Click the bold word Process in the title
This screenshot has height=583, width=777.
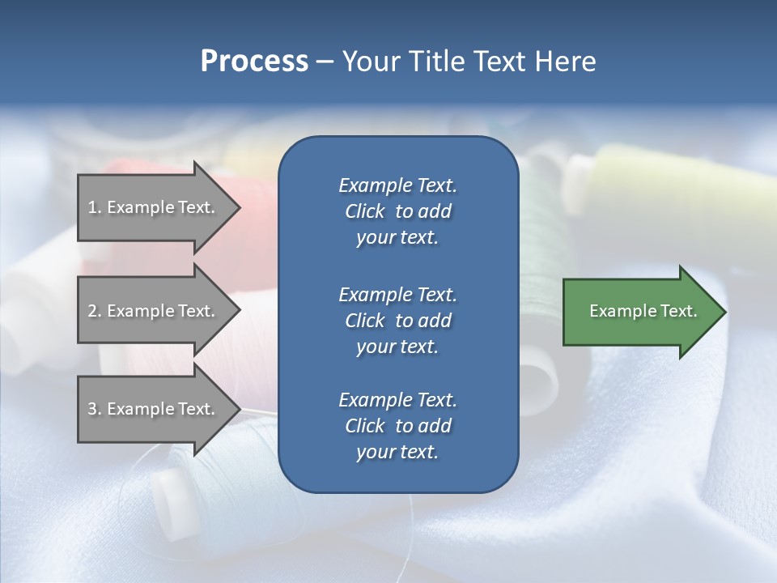click(254, 62)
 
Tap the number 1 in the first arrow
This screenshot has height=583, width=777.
click(92, 207)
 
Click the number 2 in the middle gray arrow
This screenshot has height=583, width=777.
click(92, 311)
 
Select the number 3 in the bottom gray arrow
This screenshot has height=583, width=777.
click(92, 409)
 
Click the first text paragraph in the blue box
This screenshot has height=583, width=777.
click(397, 211)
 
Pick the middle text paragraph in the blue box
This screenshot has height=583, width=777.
click(397, 320)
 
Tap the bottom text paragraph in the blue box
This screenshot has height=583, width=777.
click(397, 426)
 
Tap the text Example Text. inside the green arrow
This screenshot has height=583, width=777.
click(643, 311)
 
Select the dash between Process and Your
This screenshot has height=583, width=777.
click(325, 62)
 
